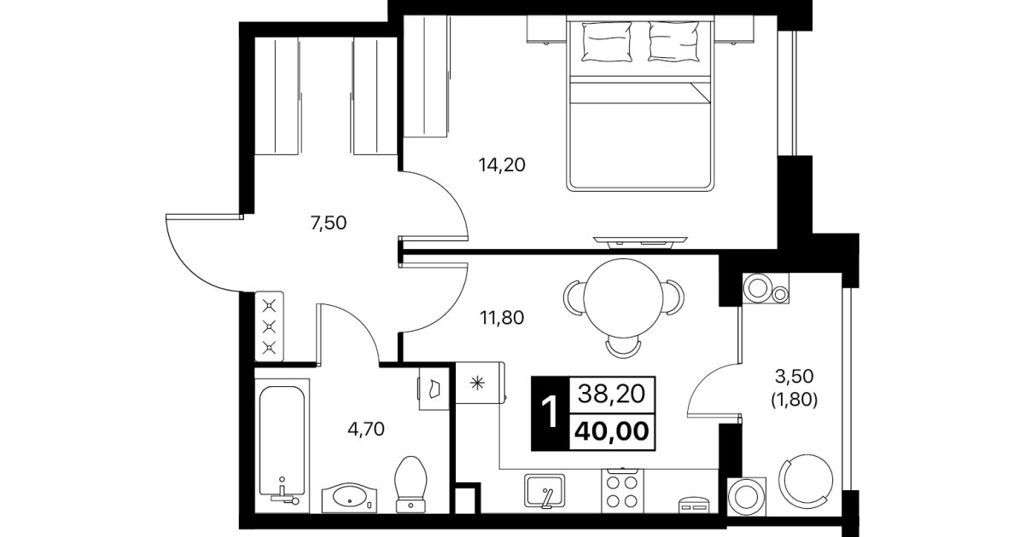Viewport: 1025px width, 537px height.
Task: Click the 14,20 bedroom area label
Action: click(502, 165)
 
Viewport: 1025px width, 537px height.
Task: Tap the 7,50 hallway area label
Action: click(328, 223)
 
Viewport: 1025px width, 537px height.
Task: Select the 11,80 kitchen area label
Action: click(502, 318)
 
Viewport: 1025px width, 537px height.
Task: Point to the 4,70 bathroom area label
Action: click(366, 430)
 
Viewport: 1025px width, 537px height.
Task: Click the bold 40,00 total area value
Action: click(612, 431)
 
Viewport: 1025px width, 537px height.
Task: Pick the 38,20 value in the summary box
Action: click(611, 394)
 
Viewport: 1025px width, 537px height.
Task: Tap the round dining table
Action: click(623, 298)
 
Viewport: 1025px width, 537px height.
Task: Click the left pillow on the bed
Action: click(606, 41)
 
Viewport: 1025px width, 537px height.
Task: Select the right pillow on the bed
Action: click(673, 41)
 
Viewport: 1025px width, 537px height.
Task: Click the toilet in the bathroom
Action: click(411, 484)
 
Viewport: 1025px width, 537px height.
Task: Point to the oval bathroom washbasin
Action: click(349, 497)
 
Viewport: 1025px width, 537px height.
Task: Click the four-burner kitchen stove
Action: click(622, 491)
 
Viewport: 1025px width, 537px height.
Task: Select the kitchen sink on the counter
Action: click(545, 491)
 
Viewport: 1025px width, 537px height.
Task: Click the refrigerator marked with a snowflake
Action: click(480, 383)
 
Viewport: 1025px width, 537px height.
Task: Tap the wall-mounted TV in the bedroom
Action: click(640, 242)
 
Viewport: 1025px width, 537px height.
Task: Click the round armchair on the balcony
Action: click(806, 481)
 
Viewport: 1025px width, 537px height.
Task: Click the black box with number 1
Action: click(550, 413)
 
